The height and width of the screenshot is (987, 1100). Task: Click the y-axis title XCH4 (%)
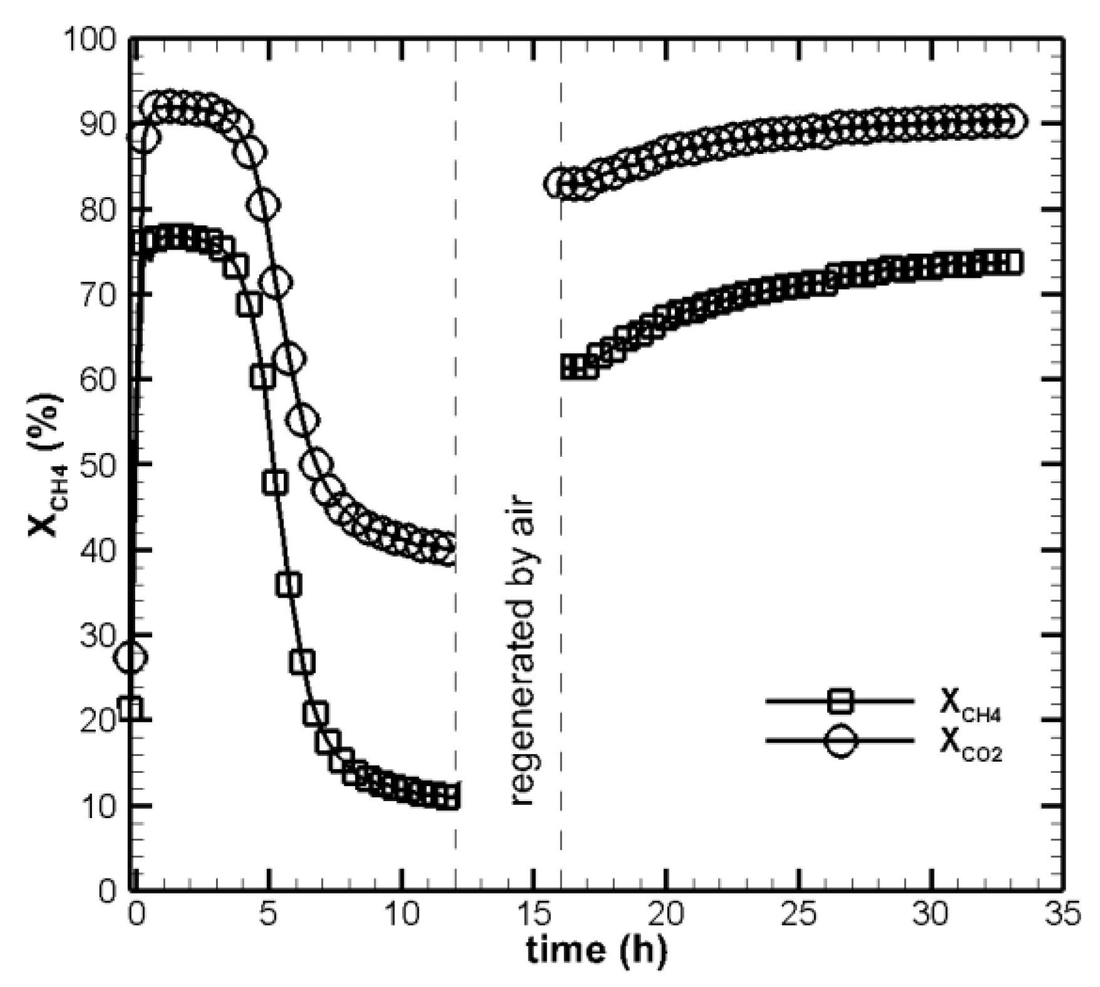coord(46,464)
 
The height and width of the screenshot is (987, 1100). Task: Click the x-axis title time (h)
coord(595,949)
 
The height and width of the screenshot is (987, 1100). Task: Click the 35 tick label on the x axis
coord(1062,915)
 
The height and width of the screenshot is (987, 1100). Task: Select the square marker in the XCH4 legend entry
coord(840,701)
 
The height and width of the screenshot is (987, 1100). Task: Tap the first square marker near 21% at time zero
coord(130,708)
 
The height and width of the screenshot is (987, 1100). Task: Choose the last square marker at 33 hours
coord(1011,263)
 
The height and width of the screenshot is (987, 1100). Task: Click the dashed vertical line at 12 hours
coord(455,376)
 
